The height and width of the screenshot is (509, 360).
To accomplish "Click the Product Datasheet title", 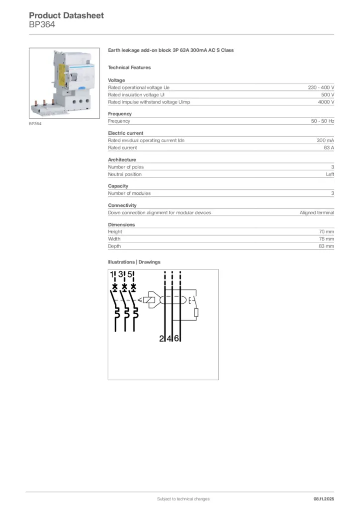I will [66, 15].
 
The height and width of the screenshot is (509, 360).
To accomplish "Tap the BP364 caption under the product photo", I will [35, 124].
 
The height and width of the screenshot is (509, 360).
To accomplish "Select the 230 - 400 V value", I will [321, 87].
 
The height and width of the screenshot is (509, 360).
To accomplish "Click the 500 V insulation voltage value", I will [328, 94].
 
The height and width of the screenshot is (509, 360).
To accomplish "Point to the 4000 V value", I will [326, 102].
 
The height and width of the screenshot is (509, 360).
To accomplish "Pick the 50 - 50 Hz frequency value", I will [322, 121].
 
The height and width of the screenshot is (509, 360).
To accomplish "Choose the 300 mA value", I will [325, 140].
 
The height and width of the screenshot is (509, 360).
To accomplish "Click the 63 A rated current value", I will [329, 148].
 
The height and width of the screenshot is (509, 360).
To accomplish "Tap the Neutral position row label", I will [125, 174].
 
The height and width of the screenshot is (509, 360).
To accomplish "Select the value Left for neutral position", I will [330, 174].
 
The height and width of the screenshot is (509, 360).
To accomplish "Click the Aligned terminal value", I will [317, 213].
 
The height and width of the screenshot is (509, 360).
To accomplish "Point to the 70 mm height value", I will [326, 232].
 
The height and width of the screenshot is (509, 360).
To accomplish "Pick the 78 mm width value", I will [326, 239].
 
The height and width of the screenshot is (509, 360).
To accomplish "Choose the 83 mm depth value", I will [326, 246].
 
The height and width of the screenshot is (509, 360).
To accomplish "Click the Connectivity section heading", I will [122, 205].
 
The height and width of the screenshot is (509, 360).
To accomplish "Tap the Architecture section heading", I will [122, 160].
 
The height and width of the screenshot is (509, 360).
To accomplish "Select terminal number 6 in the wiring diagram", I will [177, 339].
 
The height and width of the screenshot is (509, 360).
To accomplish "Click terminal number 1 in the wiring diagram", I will [112, 275].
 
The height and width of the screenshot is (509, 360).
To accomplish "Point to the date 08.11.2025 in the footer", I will [323, 499].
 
